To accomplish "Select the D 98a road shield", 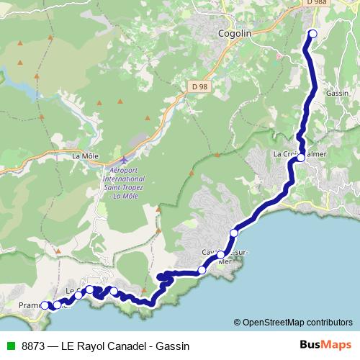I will coord(315,3).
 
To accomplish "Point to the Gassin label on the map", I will coord(337,94).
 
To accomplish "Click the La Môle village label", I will coord(85,155).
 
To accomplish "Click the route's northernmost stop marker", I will coord(312,34).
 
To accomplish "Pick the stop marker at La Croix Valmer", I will coord(301,158).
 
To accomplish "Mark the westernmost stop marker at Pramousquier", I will coord(45,305).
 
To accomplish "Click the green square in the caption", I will coord(9,346).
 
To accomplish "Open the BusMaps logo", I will coord(325,345).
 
